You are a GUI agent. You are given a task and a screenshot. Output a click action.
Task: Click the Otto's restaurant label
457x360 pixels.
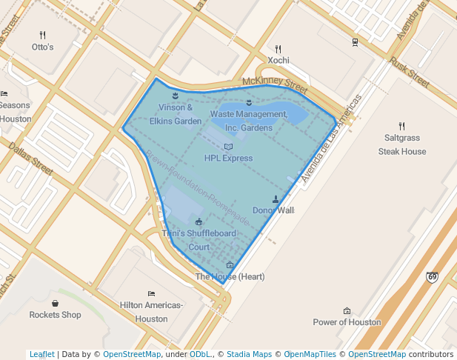click(42, 47)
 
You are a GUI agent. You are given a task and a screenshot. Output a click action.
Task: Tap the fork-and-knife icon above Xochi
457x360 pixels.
click(278, 49)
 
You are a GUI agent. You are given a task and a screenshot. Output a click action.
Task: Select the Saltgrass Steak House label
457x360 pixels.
click(402, 144)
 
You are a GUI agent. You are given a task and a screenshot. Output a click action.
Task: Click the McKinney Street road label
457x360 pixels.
click(274, 85)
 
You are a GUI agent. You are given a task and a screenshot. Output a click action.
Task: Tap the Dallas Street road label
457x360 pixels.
click(31, 159)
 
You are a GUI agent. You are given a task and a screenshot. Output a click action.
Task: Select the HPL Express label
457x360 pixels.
click(228, 158)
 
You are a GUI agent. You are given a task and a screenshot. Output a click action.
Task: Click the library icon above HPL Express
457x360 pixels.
click(228, 147)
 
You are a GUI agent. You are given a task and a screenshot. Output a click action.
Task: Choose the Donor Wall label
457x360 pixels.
click(273, 210)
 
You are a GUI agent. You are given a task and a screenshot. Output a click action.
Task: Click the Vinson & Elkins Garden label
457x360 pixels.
click(176, 114)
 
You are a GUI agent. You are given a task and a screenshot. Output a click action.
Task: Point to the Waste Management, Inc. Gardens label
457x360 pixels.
click(248, 121)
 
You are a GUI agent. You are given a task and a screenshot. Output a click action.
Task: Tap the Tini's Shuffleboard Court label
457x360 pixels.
click(199, 240)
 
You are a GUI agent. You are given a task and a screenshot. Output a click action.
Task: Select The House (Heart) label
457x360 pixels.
click(230, 277)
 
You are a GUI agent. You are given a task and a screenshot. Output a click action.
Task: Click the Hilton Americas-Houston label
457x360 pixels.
click(151, 311)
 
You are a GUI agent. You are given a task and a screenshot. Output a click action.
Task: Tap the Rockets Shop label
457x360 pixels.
click(55, 314)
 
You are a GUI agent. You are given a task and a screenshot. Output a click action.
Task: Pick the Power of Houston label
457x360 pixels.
click(347, 322)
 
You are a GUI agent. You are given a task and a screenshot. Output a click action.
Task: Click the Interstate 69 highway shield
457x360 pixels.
click(432, 277)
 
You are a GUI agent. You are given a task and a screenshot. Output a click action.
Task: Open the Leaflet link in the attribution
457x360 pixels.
click(41, 354)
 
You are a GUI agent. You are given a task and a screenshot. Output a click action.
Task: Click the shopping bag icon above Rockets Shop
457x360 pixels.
click(55, 303)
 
